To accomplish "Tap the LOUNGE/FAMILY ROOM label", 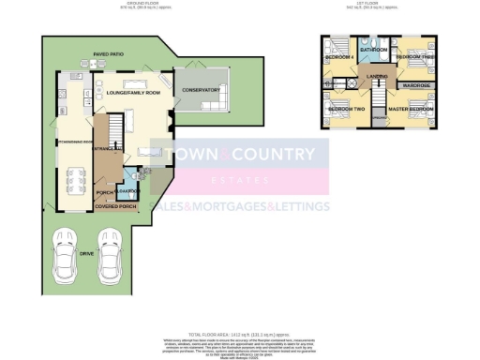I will coord(137,95).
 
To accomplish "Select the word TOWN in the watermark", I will coord(186,152).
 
